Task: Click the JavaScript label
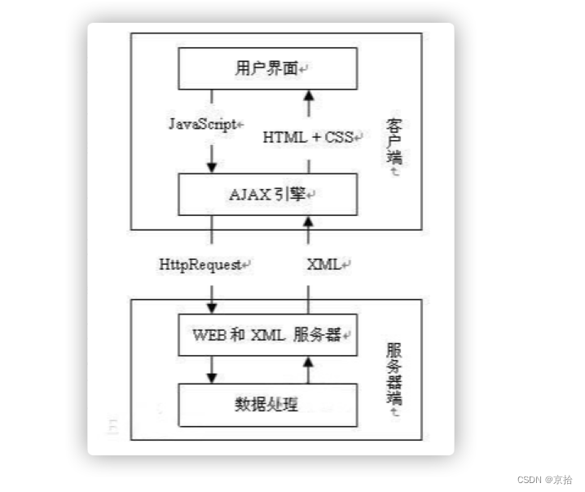point(205,125)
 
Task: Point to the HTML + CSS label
point(309,138)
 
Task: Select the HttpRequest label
point(204,265)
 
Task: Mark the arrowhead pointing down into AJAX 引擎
point(212,166)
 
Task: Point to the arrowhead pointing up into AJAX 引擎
point(309,221)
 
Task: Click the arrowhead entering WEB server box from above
point(212,307)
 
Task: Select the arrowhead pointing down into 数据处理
point(212,377)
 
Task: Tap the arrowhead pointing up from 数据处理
point(309,362)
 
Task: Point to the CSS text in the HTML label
point(337,138)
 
